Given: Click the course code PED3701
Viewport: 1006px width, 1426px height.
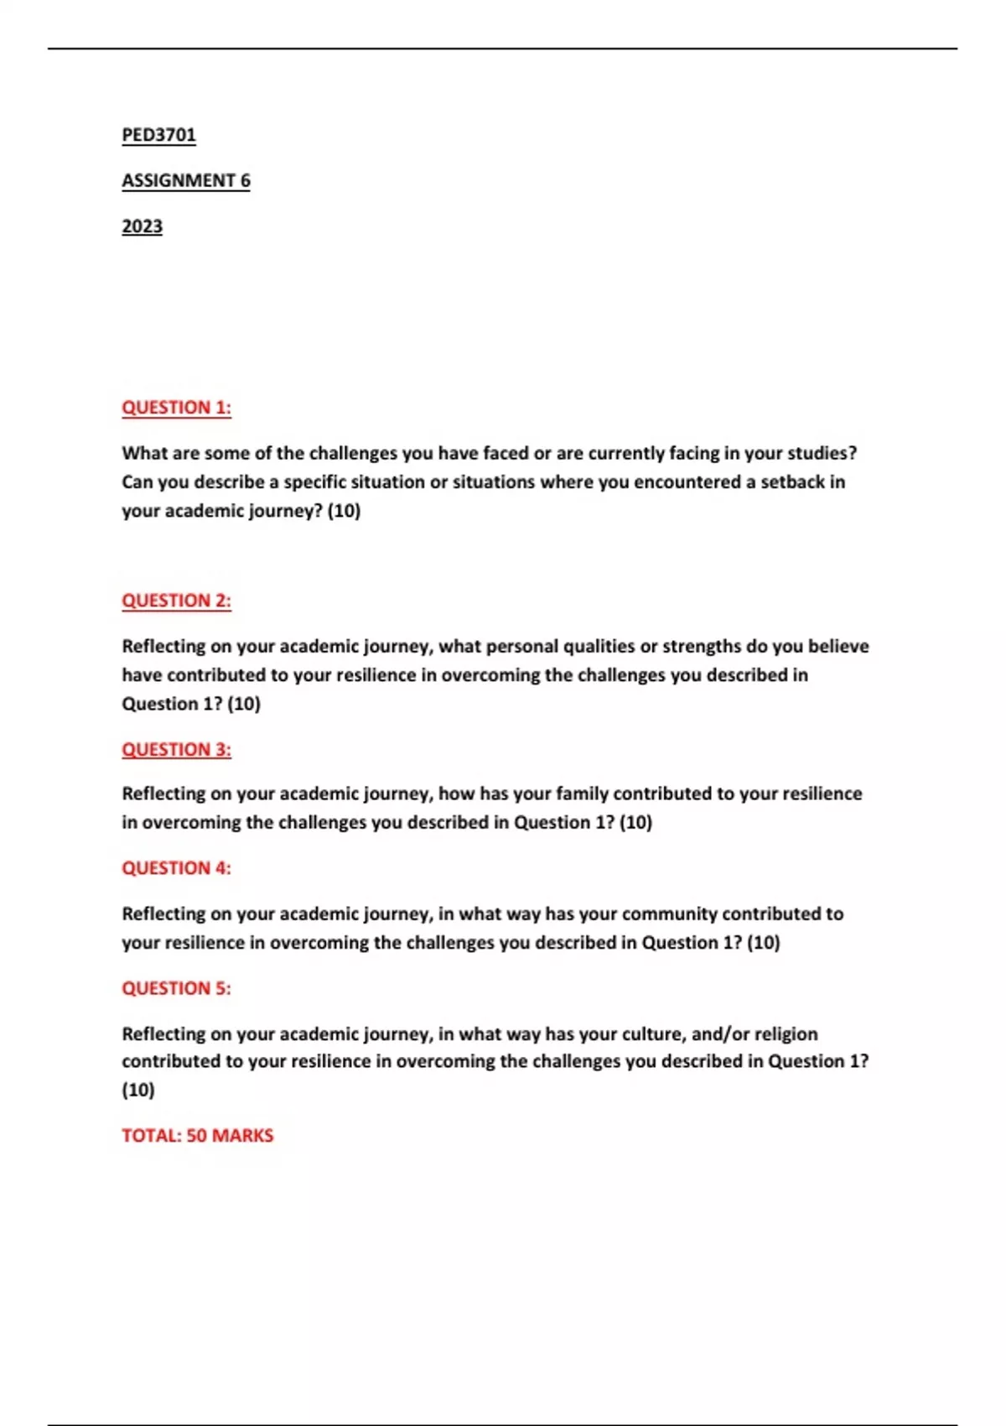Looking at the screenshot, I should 158,135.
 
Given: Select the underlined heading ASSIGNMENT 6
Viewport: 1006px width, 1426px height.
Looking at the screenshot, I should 185,180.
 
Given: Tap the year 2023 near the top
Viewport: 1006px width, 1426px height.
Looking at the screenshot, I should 142,226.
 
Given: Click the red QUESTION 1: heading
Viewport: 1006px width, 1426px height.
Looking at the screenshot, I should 176,408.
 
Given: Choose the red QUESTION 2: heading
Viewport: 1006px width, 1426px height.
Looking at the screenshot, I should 176,601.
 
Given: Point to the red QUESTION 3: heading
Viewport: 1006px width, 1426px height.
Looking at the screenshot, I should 176,749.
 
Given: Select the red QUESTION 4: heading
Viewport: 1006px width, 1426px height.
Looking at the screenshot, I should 176,868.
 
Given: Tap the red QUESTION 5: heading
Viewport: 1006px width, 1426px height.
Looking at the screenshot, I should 176,988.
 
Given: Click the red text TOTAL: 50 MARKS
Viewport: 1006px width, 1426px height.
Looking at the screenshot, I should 197,1136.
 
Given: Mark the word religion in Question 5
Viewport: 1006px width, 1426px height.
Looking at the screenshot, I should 786,1034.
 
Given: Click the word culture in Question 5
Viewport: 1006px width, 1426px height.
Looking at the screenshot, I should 653,1034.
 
